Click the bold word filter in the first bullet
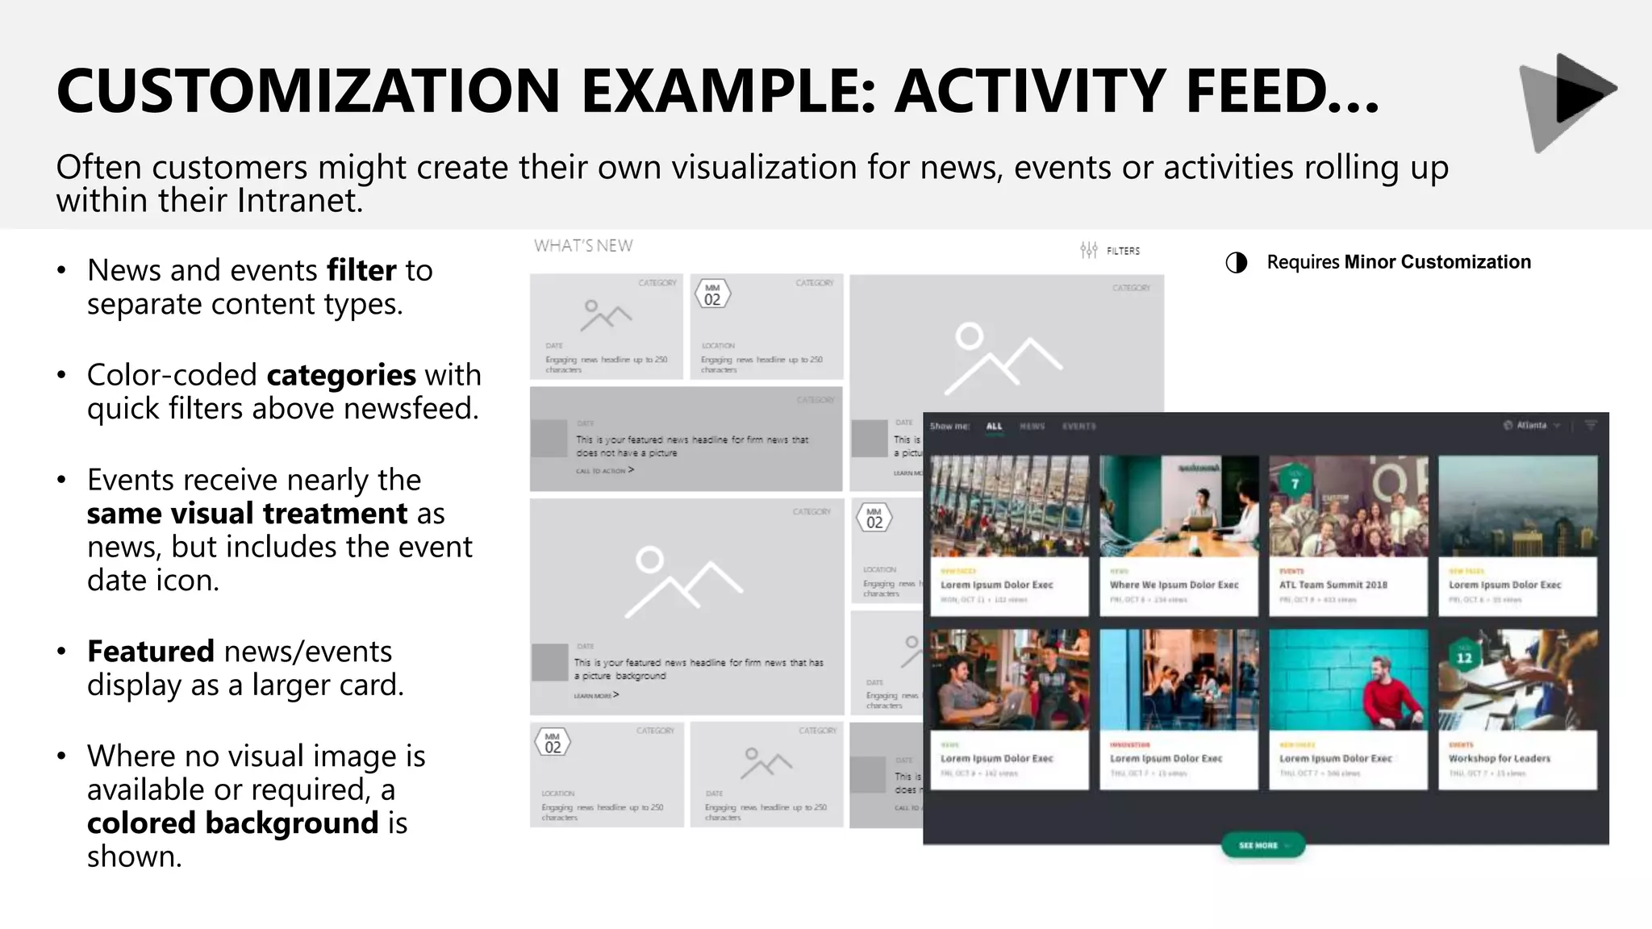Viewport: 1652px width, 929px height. pyautogui.click(x=362, y=270)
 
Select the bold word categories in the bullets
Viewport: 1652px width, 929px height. pyautogui.click(x=341, y=375)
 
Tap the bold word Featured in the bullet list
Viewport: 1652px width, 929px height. pyautogui.click(x=151, y=651)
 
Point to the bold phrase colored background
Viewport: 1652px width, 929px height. pyautogui.click(x=232, y=823)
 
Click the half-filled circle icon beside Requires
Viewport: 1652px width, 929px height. pyautogui.click(x=1236, y=263)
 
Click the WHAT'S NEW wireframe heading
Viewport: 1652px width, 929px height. pyautogui.click(x=583, y=246)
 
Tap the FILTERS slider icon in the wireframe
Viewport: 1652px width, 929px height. pyautogui.click(x=1089, y=250)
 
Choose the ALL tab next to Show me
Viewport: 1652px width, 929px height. pyautogui.click(x=994, y=426)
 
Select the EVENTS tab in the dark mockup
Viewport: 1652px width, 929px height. pyautogui.click(x=1078, y=426)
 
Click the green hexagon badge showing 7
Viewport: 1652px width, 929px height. pyautogui.click(x=1295, y=483)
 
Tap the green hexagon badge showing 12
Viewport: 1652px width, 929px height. pyautogui.click(x=1464, y=657)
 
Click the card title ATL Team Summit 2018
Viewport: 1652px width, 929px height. pyautogui.click(x=1333, y=585)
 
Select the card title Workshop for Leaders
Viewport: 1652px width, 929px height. pyautogui.click(x=1499, y=758)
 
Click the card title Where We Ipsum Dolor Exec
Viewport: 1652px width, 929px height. pyautogui.click(x=1174, y=585)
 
